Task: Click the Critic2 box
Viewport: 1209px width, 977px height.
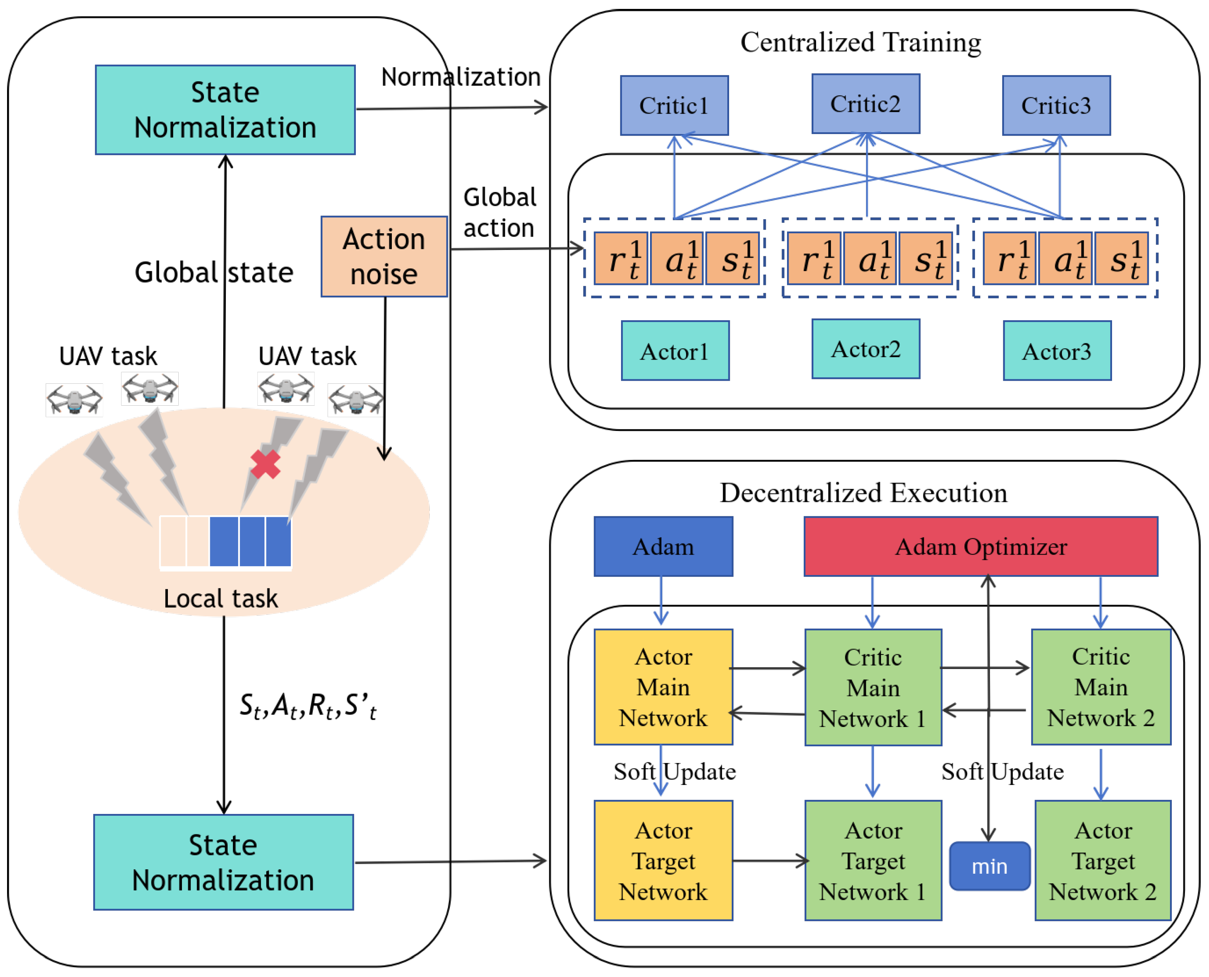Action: click(x=865, y=104)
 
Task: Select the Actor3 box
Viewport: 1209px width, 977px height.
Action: click(x=1057, y=351)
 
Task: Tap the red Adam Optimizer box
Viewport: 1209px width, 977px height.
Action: click(x=980, y=546)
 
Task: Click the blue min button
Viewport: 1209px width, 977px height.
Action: click(x=989, y=866)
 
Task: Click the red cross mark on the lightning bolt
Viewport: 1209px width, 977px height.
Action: click(x=265, y=464)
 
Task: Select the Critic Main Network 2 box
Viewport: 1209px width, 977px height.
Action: click(x=1101, y=687)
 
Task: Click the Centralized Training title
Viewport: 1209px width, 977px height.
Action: click(x=860, y=42)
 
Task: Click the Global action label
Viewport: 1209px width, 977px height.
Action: click(x=499, y=213)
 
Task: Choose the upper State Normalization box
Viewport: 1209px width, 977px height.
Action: click(x=225, y=110)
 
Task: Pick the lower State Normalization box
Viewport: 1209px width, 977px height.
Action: click(x=223, y=862)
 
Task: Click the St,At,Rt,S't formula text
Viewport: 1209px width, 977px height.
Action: click(x=308, y=706)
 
